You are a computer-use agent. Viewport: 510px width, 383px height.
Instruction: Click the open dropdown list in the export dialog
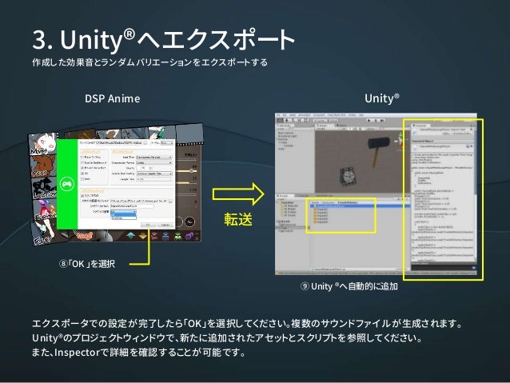(123, 213)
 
